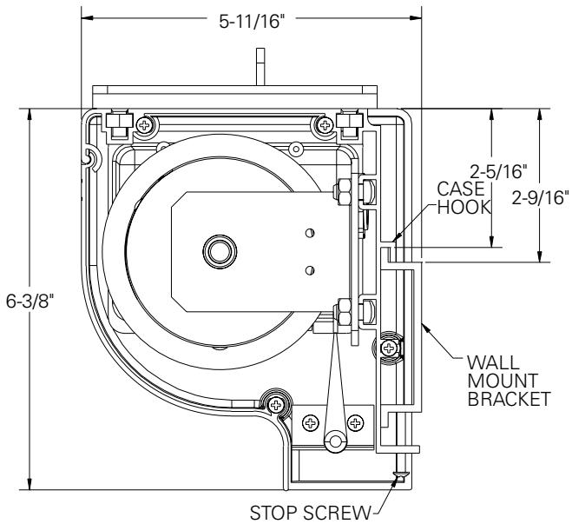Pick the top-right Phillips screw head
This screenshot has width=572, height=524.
pyautogui.click(x=325, y=126)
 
